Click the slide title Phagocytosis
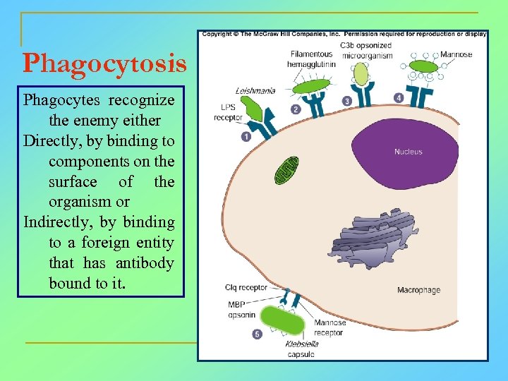[104, 64]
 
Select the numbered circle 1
[246, 136]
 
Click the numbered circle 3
[347, 102]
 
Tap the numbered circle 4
[399, 98]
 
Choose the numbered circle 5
[257, 333]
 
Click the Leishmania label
[255, 90]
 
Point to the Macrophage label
[418, 290]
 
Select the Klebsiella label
[301, 344]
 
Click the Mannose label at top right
[456, 55]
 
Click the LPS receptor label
[228, 113]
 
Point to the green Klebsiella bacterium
[284, 320]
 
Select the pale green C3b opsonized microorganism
[361, 73]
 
